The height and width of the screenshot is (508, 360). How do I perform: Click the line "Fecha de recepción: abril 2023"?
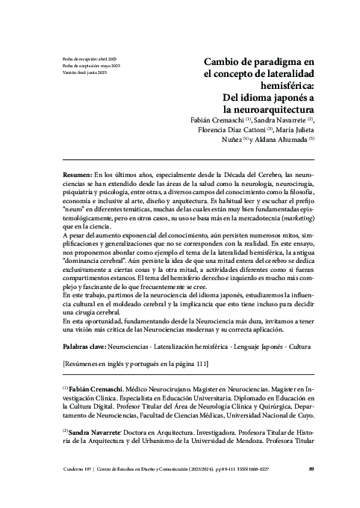[89, 58]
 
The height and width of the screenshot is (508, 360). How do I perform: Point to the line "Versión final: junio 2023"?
[85, 73]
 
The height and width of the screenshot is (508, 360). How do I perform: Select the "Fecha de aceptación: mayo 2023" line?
[91, 66]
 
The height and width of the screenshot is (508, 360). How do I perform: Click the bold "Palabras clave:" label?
[87, 348]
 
